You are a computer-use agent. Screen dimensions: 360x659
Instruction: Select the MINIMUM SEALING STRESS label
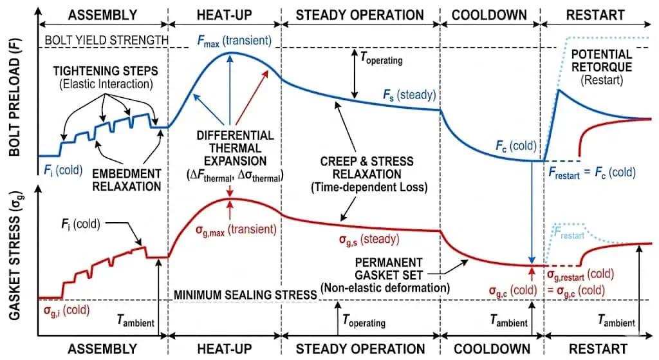click(x=245, y=294)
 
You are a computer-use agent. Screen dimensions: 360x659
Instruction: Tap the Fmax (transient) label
click(x=234, y=41)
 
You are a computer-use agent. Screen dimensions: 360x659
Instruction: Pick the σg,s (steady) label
click(x=369, y=239)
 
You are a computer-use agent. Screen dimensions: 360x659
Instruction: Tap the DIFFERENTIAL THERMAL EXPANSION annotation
click(x=234, y=152)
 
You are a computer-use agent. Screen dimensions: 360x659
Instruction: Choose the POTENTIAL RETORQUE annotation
click(x=601, y=67)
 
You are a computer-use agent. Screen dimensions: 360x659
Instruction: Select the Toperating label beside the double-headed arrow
click(x=382, y=60)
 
